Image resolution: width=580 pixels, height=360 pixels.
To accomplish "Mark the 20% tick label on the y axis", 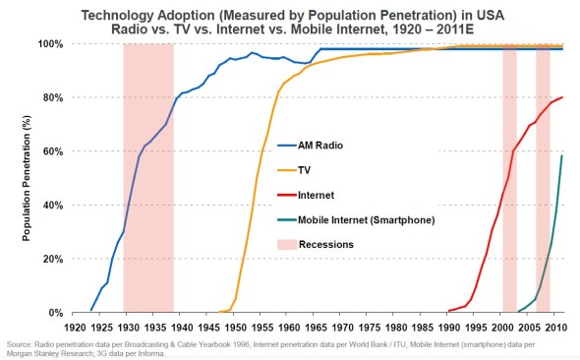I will click(52, 259).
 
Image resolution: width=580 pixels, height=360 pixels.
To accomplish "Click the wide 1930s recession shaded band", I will click(148, 177).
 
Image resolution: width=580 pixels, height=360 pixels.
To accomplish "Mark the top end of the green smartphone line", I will click(561, 156).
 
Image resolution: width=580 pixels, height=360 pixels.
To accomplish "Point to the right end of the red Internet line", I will click(562, 97).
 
